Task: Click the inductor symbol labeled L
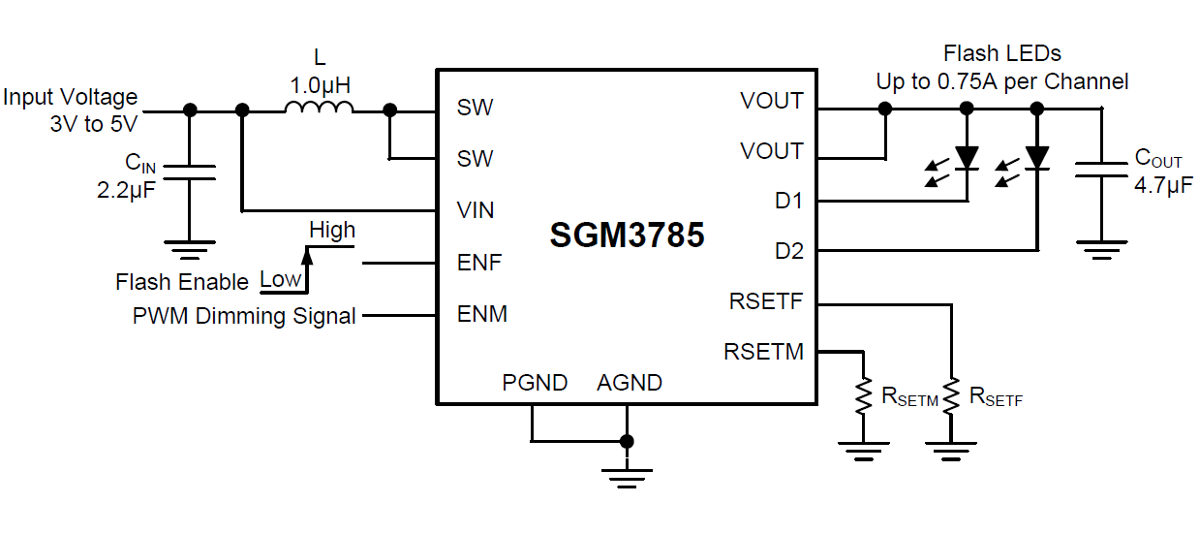pos(319,109)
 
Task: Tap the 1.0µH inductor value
pos(320,84)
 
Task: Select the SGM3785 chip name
pos(627,235)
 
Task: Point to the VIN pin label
pos(475,210)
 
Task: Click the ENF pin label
pos(479,263)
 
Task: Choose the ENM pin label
pos(481,314)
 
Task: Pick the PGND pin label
pos(535,383)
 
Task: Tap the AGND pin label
pos(630,383)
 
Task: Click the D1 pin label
pos(788,202)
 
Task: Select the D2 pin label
pos(788,252)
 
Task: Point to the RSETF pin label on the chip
pos(766,301)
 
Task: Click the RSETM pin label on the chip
pos(763,352)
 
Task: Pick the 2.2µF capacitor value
pos(127,190)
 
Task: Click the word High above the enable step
pos(332,231)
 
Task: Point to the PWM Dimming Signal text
pos(244,316)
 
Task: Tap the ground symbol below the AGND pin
pos(627,475)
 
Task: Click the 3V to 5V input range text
pos(94,124)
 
